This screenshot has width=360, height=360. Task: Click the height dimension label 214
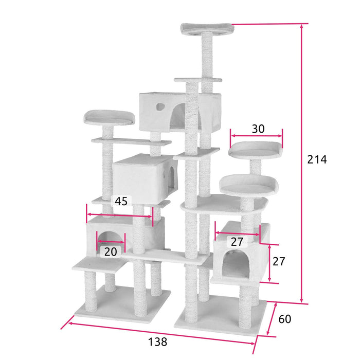pos(317,159)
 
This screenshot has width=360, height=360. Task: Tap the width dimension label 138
pos(157,341)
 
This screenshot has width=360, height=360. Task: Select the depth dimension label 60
pos(285,319)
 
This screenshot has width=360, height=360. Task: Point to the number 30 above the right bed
pos(258,129)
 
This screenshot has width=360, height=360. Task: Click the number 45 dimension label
pos(121,202)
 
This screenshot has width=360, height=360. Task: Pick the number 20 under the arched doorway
pos(111,251)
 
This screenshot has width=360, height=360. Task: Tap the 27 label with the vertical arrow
pos(279,261)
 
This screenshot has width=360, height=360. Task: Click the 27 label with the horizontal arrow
pos(237,242)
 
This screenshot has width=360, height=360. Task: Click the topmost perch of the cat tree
pos(207,29)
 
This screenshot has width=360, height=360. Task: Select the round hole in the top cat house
pos(160,107)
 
